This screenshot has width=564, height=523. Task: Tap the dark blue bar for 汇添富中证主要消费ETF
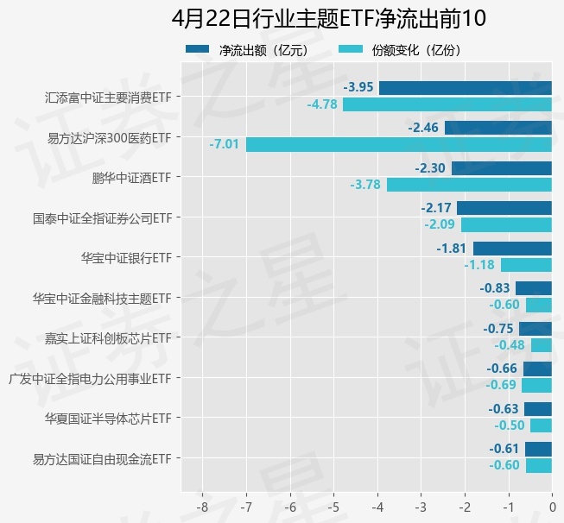click(x=465, y=87)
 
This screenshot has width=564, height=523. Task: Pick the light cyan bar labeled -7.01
click(x=398, y=144)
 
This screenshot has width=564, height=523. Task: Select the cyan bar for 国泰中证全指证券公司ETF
click(x=506, y=225)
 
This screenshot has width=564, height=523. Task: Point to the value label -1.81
click(x=452, y=249)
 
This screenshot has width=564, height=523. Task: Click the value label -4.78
click(x=321, y=104)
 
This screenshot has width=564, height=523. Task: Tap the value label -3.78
click(x=365, y=185)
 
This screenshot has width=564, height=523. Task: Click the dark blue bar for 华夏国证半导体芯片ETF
click(x=537, y=408)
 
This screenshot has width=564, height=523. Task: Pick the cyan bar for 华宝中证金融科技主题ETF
click(x=538, y=305)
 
